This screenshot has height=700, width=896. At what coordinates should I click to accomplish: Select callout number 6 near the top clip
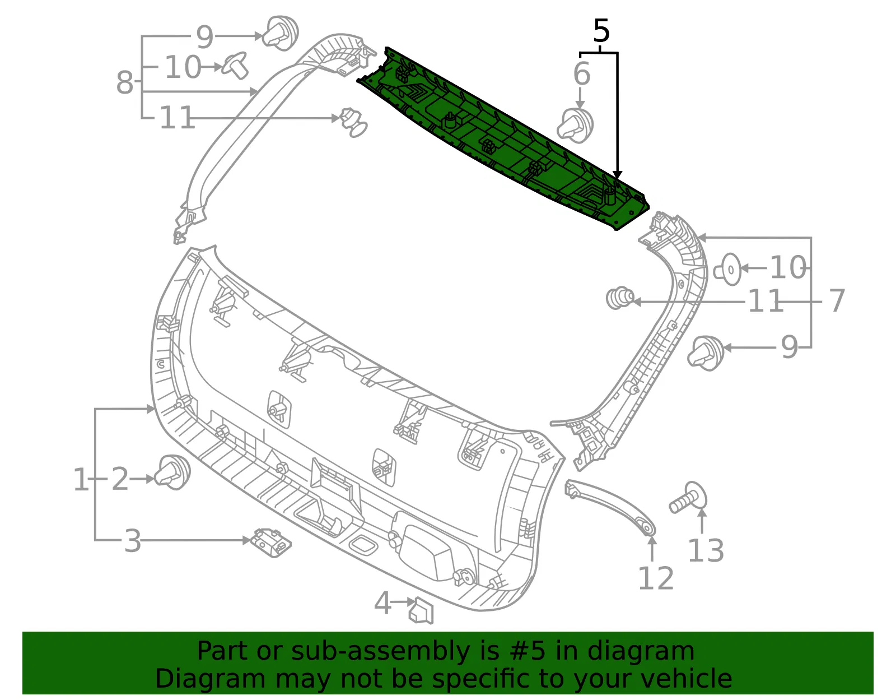coord(581,74)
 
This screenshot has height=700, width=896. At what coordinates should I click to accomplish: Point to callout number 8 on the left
coord(125,82)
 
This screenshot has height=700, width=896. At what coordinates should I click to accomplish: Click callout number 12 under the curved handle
coord(656,578)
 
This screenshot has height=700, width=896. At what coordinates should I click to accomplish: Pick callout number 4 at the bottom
coord(382,602)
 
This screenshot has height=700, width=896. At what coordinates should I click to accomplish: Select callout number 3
coord(133,541)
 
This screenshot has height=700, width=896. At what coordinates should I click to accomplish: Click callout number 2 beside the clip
coord(120,479)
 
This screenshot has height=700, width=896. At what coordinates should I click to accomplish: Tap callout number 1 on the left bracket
coord(81,479)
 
